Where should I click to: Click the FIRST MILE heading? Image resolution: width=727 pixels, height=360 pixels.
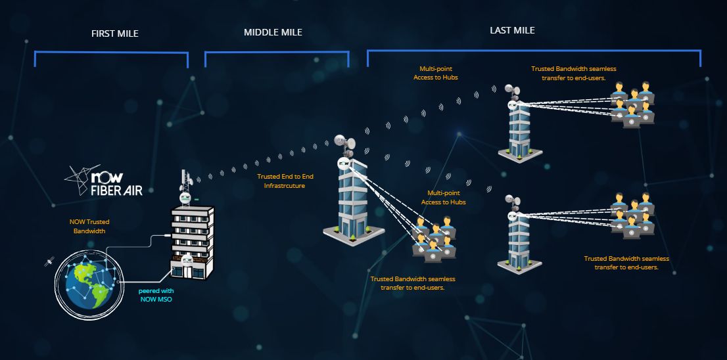[x=114, y=34]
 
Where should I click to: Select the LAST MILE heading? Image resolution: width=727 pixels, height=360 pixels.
[x=512, y=30]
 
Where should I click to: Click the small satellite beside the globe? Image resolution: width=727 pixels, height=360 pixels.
[x=49, y=262]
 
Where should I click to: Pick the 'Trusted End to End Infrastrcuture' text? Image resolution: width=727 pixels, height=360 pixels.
[x=281, y=181]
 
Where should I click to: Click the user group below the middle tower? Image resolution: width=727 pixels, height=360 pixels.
[x=434, y=240]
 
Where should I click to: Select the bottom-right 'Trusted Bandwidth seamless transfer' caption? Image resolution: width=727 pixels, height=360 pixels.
[x=626, y=263]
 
